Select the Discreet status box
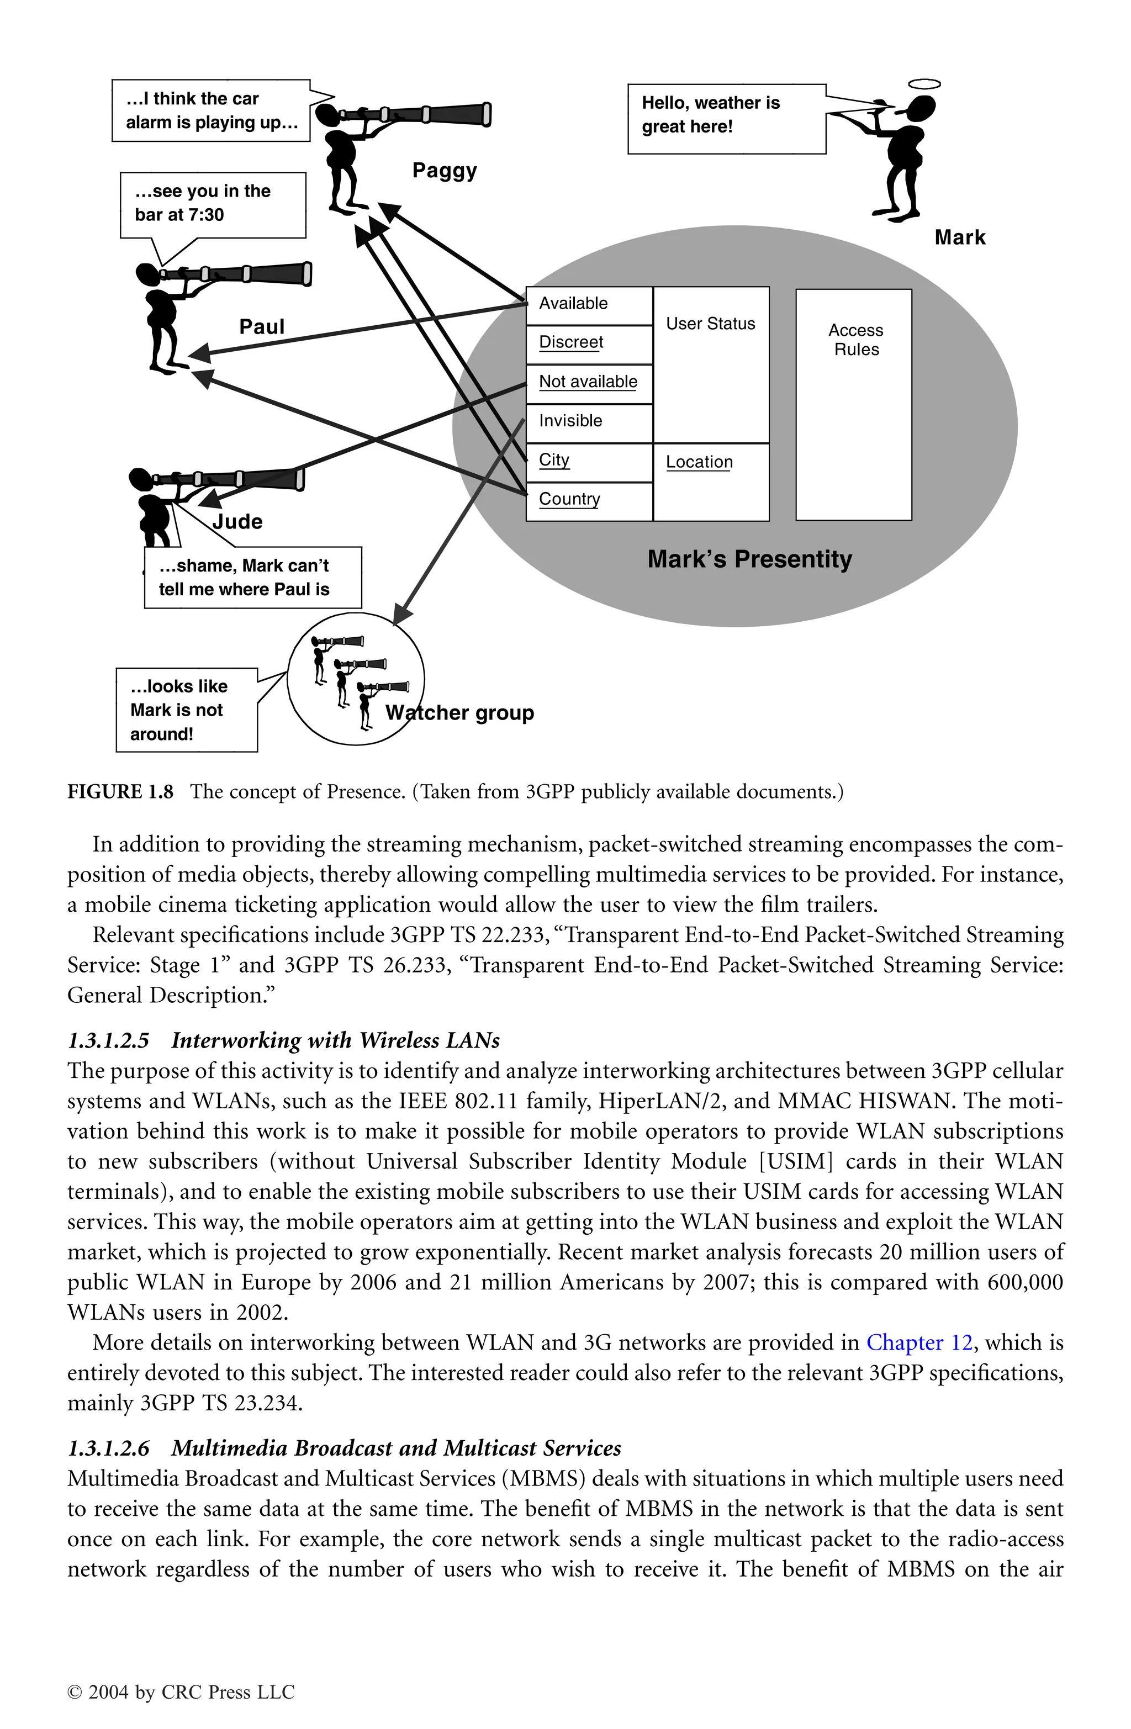588,343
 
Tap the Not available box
588,382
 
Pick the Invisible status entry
588,421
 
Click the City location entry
588,461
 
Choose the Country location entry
588,500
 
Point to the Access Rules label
855,340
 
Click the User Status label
710,324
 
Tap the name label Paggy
445,171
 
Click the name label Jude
237,522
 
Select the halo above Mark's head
924,84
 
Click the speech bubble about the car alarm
210,110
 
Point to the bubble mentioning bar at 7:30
212,204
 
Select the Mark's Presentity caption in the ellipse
749,559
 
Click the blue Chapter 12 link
919,1342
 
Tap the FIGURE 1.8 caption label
120,792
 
